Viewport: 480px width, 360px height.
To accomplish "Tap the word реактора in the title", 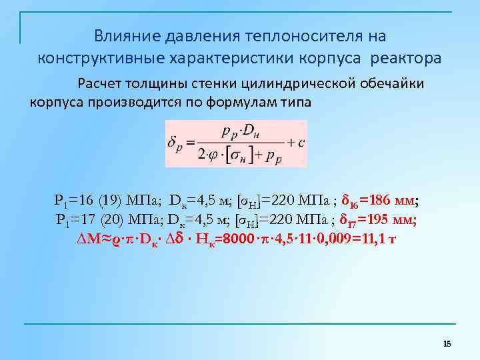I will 405,58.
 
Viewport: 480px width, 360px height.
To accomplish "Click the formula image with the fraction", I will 236,143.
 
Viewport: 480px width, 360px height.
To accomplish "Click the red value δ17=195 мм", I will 378,219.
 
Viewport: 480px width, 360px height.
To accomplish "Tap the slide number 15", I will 447,343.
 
